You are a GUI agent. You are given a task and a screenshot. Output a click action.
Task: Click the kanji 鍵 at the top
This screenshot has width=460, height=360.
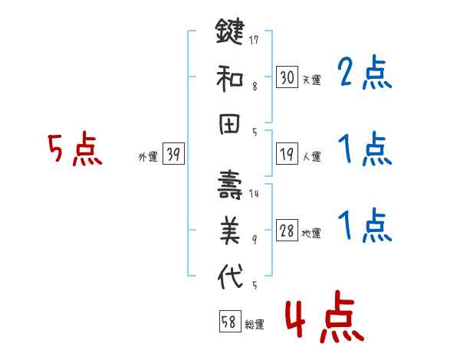pos(230,34)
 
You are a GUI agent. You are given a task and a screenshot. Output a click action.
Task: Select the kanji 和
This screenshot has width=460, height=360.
pos(230,78)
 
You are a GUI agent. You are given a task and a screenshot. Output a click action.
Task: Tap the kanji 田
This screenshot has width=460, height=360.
pos(230,124)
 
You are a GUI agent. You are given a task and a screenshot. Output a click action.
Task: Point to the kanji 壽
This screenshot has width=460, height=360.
pos(230,185)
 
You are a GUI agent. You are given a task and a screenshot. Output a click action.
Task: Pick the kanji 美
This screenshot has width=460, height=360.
pos(230,231)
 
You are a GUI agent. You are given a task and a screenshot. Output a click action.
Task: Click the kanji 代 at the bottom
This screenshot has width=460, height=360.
pos(230,277)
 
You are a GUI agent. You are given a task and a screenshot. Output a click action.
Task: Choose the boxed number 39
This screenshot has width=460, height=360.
pos(173,155)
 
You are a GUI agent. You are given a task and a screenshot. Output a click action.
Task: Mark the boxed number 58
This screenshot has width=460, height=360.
pos(228,322)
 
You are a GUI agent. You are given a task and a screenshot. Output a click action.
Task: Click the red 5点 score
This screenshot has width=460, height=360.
pos(74,150)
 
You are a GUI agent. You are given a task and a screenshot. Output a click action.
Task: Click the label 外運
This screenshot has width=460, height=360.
pos(147,157)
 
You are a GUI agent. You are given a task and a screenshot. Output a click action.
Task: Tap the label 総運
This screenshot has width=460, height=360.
pos(255,325)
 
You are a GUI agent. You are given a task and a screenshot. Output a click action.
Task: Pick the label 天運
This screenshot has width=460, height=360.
pos(311,80)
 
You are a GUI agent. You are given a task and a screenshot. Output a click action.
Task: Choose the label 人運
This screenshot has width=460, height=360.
pos(311,157)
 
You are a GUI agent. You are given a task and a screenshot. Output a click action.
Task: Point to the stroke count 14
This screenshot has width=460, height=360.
pos(254,195)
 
